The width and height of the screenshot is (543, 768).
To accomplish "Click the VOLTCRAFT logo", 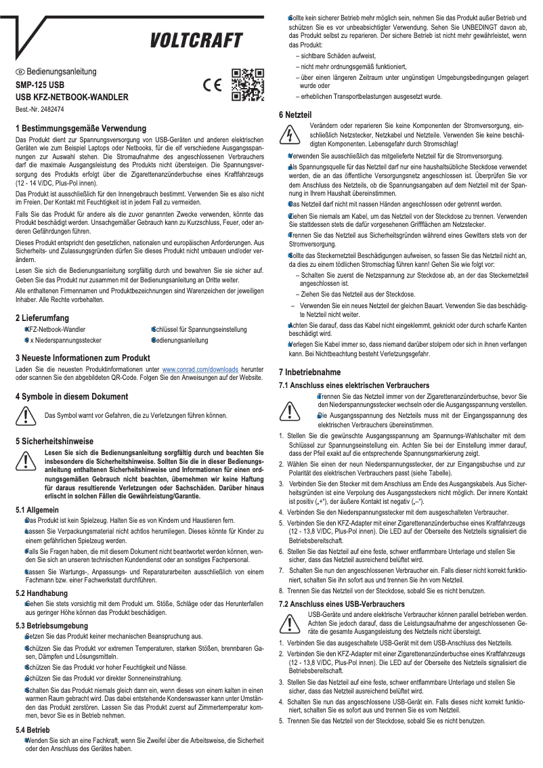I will point(196,41).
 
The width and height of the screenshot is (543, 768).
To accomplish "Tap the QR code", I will point(247,85).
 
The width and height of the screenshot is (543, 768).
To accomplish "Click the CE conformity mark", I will point(213,86).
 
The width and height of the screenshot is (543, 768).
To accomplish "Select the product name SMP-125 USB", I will point(41,85).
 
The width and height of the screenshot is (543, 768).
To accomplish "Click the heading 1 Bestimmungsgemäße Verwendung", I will point(81,129).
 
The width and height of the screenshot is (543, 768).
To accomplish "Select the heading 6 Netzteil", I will point(298,114).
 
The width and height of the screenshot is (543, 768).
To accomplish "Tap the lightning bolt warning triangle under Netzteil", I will point(289,135).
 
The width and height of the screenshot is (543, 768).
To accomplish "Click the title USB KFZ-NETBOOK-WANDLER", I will point(72,98).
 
